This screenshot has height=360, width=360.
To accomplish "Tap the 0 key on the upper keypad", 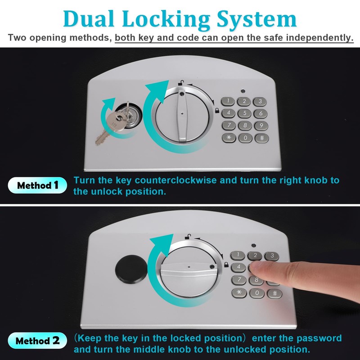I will tap(245, 138).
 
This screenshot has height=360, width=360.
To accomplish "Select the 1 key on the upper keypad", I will tap(229, 101).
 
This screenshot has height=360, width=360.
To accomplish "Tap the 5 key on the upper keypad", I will tap(245, 113).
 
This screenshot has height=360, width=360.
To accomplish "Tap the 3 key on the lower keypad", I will tap(271, 256).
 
